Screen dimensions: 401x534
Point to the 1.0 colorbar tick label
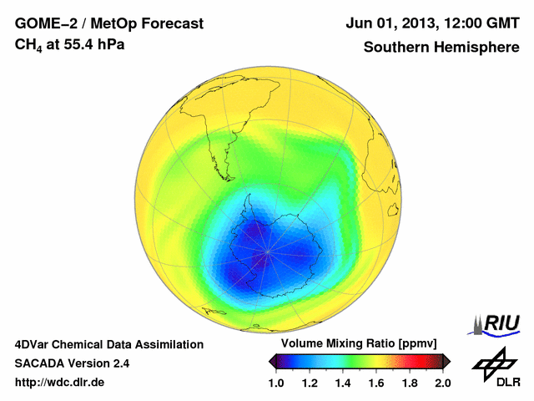tap(280, 383)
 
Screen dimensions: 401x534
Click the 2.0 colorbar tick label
tap(442, 383)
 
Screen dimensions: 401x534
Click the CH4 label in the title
tap(27, 44)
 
